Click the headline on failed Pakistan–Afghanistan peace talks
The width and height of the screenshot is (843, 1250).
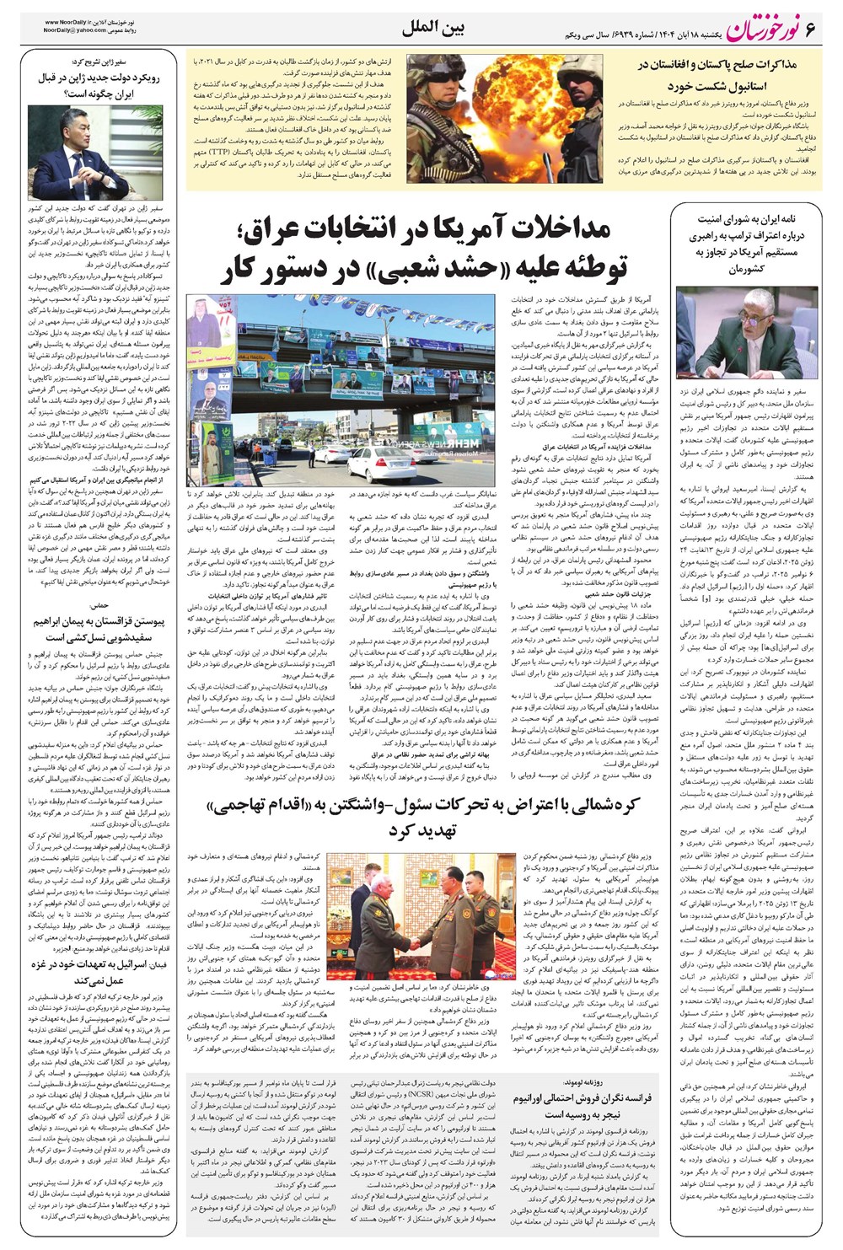(726, 75)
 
